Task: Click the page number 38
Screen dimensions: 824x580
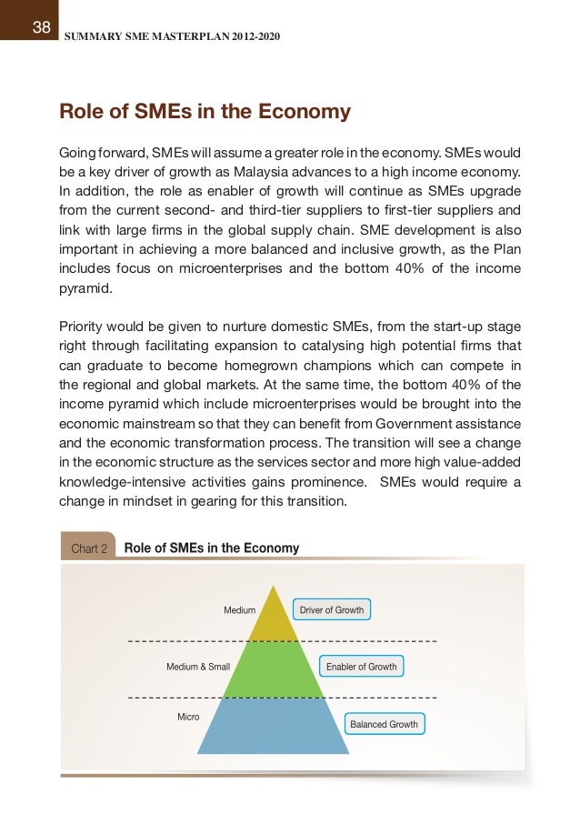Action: [x=42, y=26]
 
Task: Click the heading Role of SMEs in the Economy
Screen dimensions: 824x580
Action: [x=205, y=112]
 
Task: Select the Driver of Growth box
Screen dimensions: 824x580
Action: [x=331, y=609]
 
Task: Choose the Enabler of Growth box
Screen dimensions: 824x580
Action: [x=361, y=667]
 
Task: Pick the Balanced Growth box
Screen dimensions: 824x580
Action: [x=384, y=724]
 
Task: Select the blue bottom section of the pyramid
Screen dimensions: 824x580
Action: [x=274, y=728]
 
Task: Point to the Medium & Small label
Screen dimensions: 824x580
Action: [x=198, y=667]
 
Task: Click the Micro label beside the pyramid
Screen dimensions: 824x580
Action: [x=188, y=717]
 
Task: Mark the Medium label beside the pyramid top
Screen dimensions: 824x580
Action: [x=239, y=610]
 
